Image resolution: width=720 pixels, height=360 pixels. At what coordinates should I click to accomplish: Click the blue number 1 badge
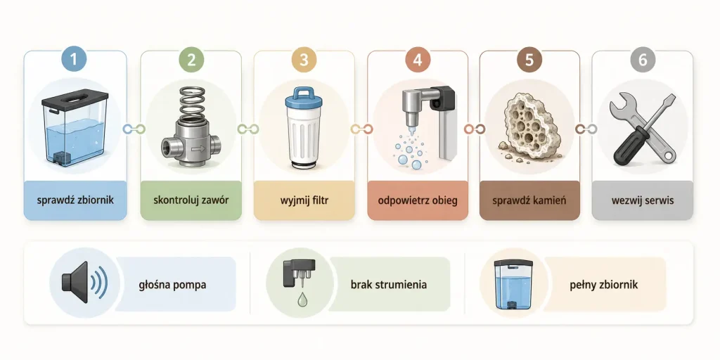pyautogui.click(x=75, y=60)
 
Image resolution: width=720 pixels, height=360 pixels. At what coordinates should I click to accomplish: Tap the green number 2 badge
pyautogui.click(x=191, y=60)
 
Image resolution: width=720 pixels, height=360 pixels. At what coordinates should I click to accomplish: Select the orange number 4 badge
pyautogui.click(x=418, y=60)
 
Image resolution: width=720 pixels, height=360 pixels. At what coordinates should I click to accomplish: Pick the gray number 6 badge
pyautogui.click(x=643, y=60)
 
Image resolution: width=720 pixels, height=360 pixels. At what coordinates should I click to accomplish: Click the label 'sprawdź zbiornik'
pyautogui.click(x=75, y=200)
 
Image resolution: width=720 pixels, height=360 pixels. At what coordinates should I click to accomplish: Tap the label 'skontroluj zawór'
pyautogui.click(x=191, y=200)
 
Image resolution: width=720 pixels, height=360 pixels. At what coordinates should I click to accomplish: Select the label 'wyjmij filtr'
pyautogui.click(x=304, y=200)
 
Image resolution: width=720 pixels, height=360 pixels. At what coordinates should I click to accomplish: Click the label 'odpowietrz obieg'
pyautogui.click(x=418, y=200)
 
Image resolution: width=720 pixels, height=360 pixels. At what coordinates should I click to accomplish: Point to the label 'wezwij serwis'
pyautogui.click(x=642, y=200)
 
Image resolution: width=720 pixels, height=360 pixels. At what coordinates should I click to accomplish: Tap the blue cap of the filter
pyautogui.click(x=304, y=98)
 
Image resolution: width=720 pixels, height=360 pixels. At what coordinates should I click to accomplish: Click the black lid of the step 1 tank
pyautogui.click(x=75, y=98)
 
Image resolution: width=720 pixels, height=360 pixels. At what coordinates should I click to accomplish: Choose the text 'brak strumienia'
pyautogui.click(x=388, y=285)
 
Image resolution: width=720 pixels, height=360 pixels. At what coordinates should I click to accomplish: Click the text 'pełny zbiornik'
pyautogui.click(x=604, y=285)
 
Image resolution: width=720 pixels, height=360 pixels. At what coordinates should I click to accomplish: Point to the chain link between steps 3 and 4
pyautogui.click(x=361, y=129)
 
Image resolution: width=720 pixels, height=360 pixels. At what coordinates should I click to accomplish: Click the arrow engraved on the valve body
pyautogui.click(x=198, y=149)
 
